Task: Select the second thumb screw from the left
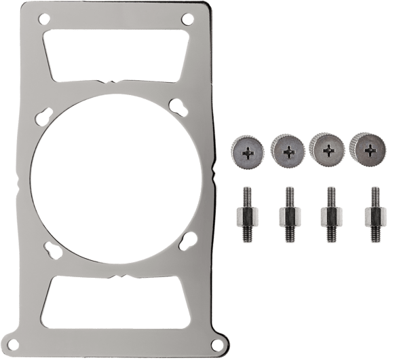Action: pyautogui.click(x=287, y=149)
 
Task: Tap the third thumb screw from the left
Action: pyautogui.click(x=326, y=147)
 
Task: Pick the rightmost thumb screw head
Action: pyautogui.click(x=366, y=147)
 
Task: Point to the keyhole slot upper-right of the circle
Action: pyautogui.click(x=177, y=107)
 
